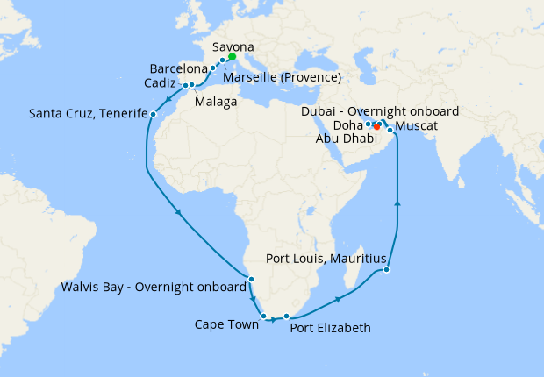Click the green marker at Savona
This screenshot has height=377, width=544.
pyautogui.click(x=233, y=57)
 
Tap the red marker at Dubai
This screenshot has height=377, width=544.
pyautogui.click(x=376, y=127)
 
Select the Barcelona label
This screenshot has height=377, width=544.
pyautogui.click(x=178, y=68)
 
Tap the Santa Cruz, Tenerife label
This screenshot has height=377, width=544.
pyautogui.click(x=86, y=113)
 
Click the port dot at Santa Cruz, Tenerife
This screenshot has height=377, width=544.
pyautogui.click(x=154, y=114)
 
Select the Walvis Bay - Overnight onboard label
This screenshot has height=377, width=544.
pyautogui.click(x=154, y=287)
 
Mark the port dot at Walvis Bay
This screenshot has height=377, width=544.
pyautogui.click(x=252, y=280)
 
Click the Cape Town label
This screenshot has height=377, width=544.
pyautogui.click(x=226, y=324)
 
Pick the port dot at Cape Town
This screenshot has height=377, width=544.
pyautogui.click(x=263, y=316)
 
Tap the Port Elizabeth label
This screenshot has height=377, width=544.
pyautogui.click(x=330, y=328)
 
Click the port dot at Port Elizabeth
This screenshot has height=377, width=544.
pyautogui.click(x=286, y=316)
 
